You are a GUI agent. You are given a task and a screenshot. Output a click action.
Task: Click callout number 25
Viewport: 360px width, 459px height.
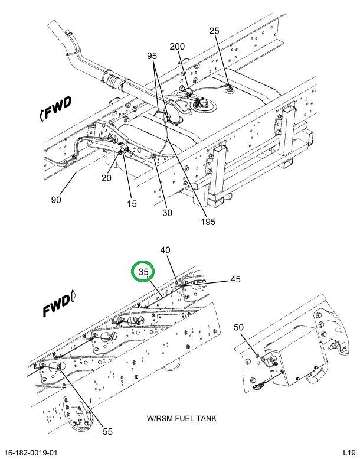tap(214, 31)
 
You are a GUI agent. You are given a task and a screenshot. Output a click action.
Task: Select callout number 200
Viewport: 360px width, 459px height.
tap(177, 47)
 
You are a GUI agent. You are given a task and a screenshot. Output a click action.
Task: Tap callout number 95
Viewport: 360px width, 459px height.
tap(152, 56)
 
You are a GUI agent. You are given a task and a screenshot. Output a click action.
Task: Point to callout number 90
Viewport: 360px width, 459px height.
tap(56, 200)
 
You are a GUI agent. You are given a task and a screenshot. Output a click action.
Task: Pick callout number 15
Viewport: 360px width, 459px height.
tap(131, 204)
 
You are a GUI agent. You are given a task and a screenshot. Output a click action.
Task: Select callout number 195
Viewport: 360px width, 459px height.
tap(207, 222)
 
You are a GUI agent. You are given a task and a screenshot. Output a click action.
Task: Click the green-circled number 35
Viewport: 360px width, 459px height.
tap(143, 272)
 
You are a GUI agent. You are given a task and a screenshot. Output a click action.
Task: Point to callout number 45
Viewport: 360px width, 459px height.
tap(235, 279)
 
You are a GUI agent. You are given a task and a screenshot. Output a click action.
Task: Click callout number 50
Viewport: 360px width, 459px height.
tap(238, 327)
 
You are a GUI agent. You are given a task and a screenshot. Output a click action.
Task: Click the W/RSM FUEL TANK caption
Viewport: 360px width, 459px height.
tap(182, 419)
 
